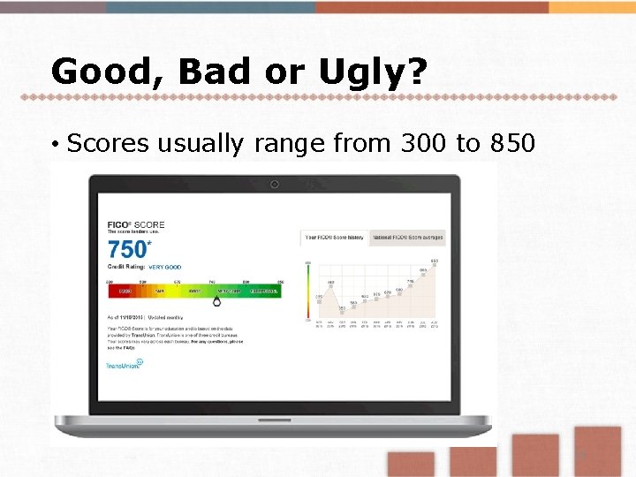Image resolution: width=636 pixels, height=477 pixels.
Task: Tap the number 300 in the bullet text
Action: coord(420,142)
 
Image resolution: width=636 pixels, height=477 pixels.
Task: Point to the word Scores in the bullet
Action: coord(108,142)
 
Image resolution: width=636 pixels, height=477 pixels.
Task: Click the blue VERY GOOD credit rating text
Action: coord(164,267)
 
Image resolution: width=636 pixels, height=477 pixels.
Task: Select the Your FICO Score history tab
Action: coord(335,237)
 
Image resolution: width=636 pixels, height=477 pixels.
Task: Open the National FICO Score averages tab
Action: coord(408,237)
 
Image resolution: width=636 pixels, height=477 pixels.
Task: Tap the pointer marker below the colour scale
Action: coord(217,300)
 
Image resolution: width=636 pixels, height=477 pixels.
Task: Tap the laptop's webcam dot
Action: coord(275,185)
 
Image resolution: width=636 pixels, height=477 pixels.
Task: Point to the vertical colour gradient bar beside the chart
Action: coord(308,291)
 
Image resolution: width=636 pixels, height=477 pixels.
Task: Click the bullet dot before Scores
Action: coord(55,144)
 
